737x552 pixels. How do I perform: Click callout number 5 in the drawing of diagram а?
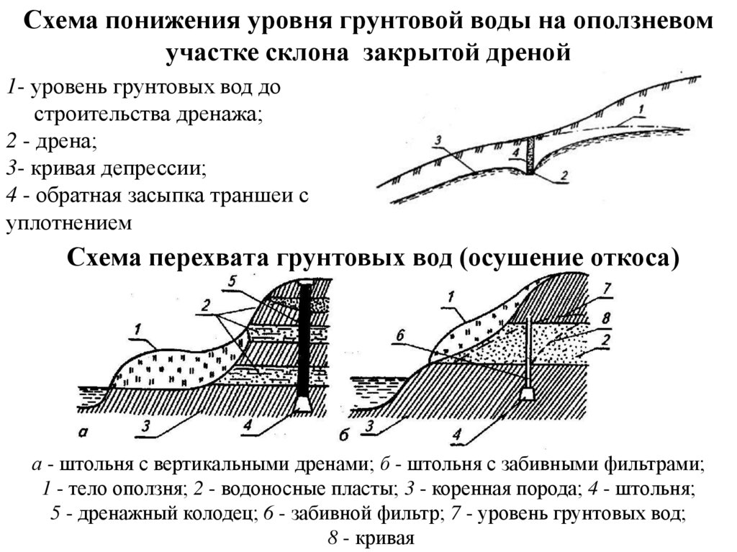pyautogui.click(x=231, y=282)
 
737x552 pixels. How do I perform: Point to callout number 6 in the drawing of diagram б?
pyautogui.click(x=400, y=334)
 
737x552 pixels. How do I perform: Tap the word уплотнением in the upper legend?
pyautogui.click(x=69, y=223)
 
